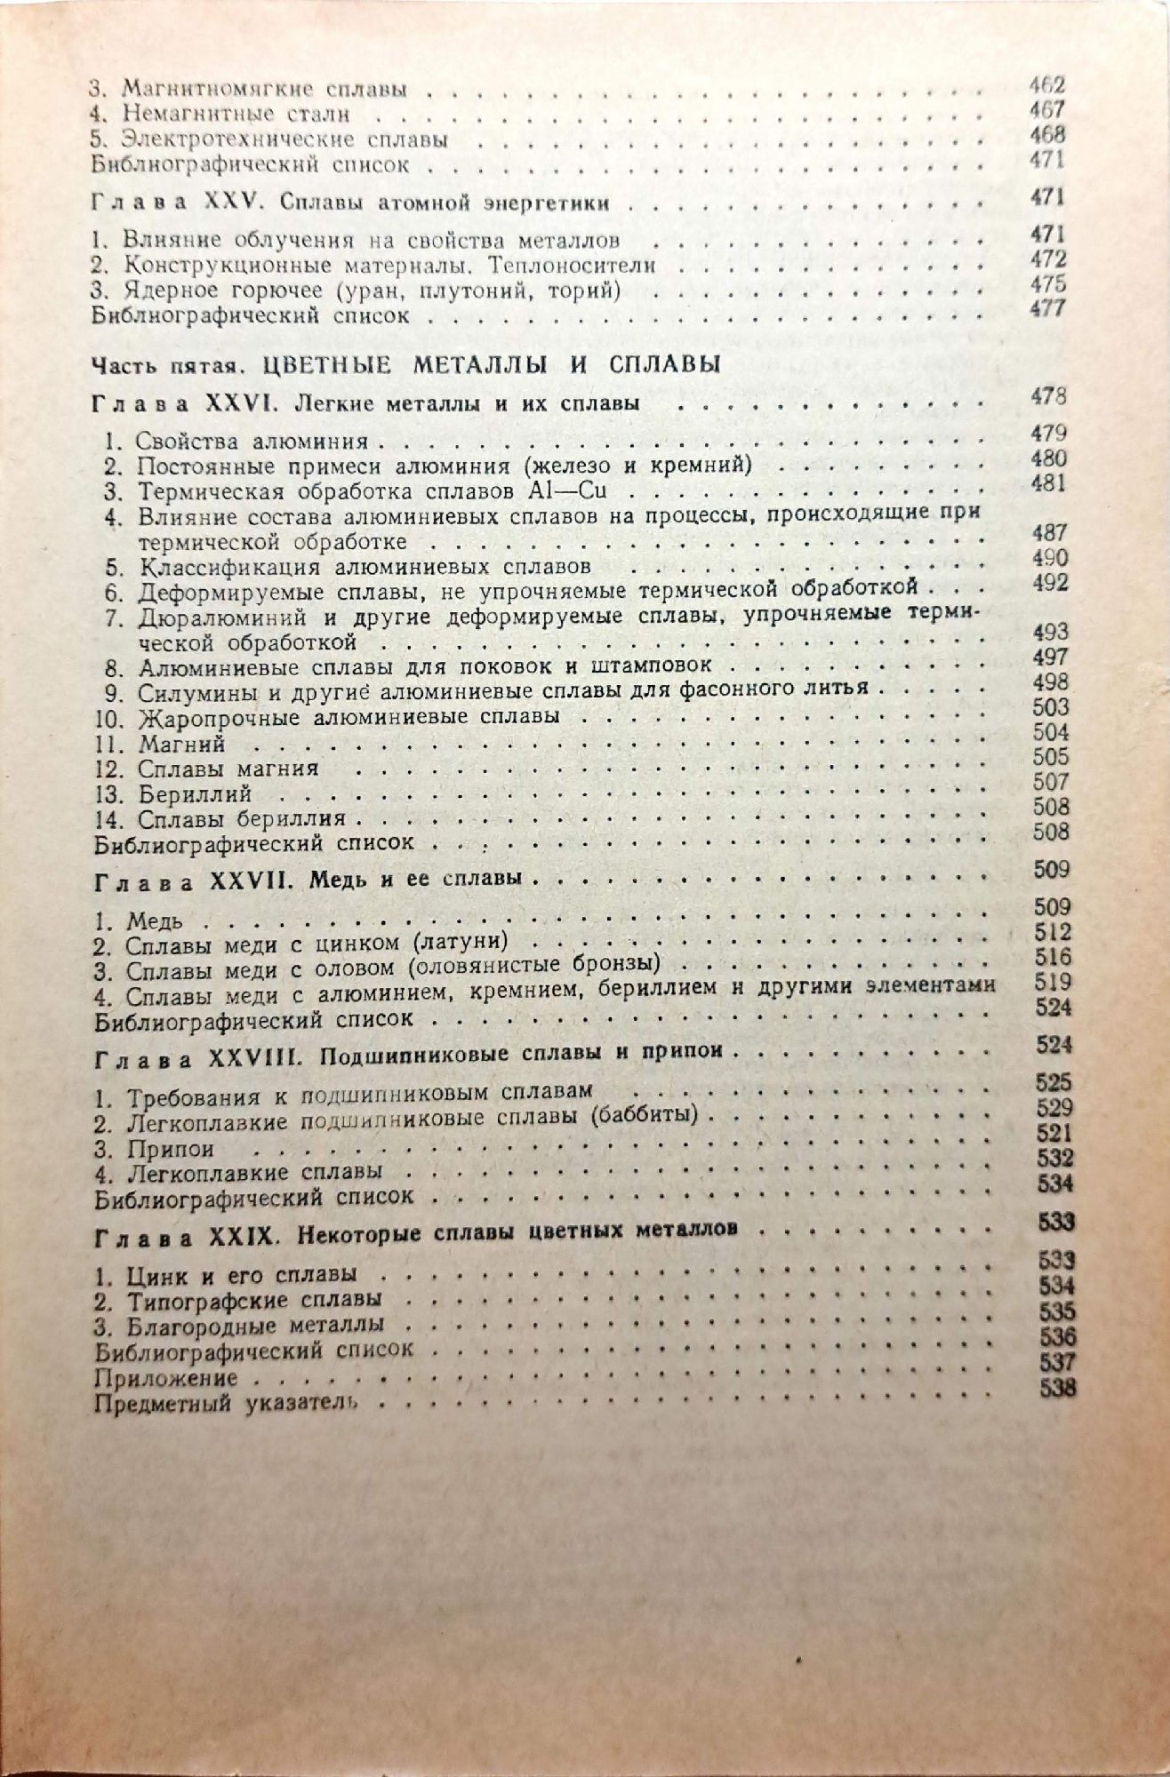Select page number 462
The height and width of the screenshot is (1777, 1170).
click(1046, 86)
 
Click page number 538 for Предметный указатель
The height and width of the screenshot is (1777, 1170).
click(1057, 1388)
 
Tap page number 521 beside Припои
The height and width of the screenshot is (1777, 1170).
click(1054, 1133)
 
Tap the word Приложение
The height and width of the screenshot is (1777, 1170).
click(165, 1378)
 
